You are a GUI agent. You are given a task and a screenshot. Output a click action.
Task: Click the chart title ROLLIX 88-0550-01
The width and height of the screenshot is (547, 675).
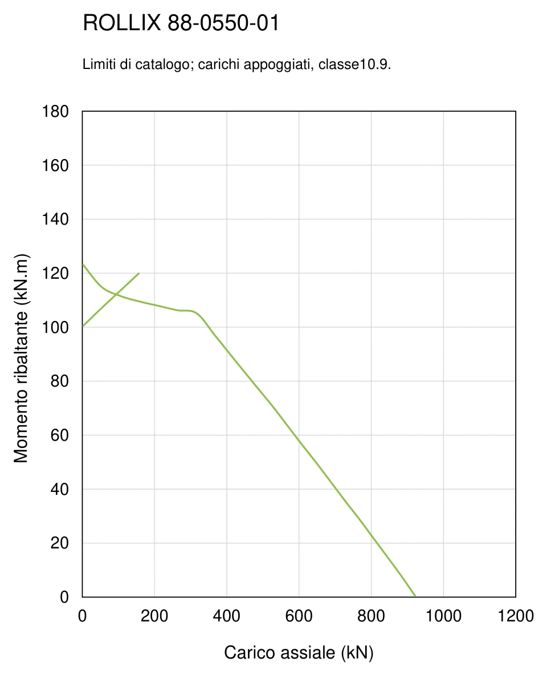pyautogui.click(x=181, y=23)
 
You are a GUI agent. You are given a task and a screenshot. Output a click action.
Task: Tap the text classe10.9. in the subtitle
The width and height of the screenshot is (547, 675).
pyautogui.click(x=354, y=64)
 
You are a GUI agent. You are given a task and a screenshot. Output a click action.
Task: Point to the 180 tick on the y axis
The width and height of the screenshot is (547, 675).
pyautogui.click(x=55, y=112)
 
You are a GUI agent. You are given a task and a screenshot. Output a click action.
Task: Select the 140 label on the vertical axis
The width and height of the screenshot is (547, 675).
pyautogui.click(x=55, y=219)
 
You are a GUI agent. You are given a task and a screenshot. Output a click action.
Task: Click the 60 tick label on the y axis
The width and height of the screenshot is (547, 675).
pyautogui.click(x=59, y=435)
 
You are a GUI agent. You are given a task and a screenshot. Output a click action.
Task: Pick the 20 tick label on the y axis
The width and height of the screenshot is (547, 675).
pyautogui.click(x=59, y=543)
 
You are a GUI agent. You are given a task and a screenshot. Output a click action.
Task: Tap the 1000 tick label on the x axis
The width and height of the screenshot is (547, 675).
pyautogui.click(x=443, y=616)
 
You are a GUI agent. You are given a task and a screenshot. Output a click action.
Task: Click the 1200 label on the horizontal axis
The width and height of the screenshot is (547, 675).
pyautogui.click(x=516, y=616)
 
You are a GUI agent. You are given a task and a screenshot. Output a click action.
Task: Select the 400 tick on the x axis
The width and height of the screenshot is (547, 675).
pyautogui.click(x=227, y=616)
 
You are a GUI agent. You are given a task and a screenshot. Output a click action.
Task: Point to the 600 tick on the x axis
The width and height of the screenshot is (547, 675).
pyautogui.click(x=299, y=616)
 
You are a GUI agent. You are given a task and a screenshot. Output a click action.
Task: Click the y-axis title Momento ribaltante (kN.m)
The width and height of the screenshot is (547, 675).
pyautogui.click(x=21, y=358)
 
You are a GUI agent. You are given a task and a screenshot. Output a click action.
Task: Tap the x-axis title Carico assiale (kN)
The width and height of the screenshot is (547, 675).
pyautogui.click(x=299, y=653)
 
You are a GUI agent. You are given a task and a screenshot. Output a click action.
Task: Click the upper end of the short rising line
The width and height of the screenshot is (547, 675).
pyautogui.click(x=139, y=273)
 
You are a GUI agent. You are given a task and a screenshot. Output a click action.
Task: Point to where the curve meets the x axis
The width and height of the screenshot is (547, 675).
pyautogui.click(x=415, y=597)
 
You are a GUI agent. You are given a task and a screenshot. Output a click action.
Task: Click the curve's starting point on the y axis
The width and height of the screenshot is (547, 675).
pyautogui.click(x=83, y=264)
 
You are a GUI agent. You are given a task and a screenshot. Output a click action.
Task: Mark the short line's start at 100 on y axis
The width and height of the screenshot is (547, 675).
pyautogui.click(x=83, y=327)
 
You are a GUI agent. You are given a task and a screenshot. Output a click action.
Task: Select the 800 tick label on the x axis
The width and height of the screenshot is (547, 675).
pyautogui.click(x=371, y=616)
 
